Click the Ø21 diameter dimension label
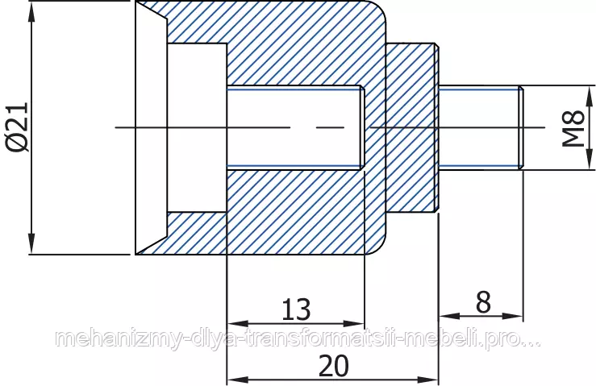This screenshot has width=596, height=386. [x=18, y=127]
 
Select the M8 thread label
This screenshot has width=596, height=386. [x=573, y=128]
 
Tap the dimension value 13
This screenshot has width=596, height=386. [x=296, y=309]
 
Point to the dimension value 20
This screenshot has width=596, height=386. [x=333, y=365]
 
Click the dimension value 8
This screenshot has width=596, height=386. [x=483, y=302]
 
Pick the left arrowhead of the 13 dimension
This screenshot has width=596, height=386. [x=237, y=324]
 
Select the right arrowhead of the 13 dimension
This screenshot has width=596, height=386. [x=354, y=324]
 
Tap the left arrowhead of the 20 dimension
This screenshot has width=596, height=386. [x=237, y=380]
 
